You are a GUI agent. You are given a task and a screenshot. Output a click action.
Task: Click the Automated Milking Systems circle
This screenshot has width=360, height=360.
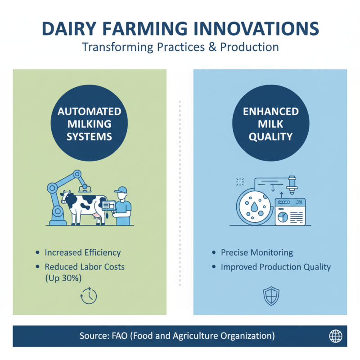(x=89, y=124)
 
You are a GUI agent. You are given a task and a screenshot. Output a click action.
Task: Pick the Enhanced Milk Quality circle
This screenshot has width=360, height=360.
(x=271, y=124)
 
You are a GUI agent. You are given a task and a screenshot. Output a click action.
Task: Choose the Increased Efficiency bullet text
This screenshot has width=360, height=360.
(x=82, y=252)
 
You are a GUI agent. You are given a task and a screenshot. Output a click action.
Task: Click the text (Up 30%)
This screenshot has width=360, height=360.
(x=63, y=278)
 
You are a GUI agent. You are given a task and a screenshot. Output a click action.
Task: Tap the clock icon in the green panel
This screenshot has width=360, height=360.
(x=88, y=295)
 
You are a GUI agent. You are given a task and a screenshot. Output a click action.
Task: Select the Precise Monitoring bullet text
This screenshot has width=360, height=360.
(x=256, y=252)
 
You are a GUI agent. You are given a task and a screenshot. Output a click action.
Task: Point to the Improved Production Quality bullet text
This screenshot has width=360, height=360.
(x=275, y=267)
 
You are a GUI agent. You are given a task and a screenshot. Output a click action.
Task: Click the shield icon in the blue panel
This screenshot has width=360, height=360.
(x=271, y=295)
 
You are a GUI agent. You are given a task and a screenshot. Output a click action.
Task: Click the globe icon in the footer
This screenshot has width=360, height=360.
(x=336, y=336)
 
